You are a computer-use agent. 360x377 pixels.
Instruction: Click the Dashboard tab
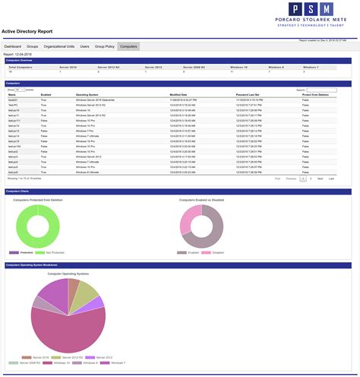13,46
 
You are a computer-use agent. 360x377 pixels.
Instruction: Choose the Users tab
85,46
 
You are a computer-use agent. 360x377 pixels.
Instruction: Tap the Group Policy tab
104,46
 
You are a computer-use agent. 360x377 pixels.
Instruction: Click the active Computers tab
128,46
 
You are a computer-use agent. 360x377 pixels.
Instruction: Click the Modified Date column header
180,94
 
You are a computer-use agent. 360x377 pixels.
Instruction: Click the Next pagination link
320,178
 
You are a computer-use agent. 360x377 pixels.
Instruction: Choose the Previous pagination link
291,178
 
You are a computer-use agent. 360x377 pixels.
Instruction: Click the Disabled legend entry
217,252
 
